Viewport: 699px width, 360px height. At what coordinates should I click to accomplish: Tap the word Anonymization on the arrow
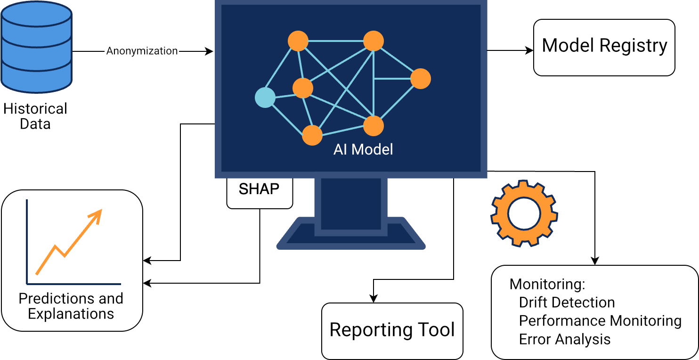[142, 51]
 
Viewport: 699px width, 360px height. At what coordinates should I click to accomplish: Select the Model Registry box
[604, 47]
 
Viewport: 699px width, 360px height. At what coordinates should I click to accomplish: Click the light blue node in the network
[265, 98]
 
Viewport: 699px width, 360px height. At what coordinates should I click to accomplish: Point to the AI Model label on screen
[363, 149]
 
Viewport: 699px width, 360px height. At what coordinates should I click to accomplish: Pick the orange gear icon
[524, 213]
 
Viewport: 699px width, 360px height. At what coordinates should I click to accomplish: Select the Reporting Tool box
[392, 330]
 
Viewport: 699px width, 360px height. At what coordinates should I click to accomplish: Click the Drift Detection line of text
[567, 302]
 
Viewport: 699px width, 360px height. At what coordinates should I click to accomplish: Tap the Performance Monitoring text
[600, 320]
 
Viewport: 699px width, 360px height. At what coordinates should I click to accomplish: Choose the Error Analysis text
[564, 339]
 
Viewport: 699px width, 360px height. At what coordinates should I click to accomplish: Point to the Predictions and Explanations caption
[71, 306]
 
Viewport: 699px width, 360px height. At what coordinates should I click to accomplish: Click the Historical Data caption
[35, 116]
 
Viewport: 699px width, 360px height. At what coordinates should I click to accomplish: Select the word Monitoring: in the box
[547, 284]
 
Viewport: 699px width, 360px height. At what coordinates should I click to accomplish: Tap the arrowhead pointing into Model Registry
[529, 50]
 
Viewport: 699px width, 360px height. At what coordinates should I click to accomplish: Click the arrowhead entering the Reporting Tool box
[374, 299]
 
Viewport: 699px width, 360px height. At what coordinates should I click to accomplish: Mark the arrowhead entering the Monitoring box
[595, 261]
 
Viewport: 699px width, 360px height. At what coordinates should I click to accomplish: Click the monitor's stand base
[351, 234]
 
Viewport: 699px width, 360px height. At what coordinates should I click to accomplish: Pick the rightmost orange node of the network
[421, 79]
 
